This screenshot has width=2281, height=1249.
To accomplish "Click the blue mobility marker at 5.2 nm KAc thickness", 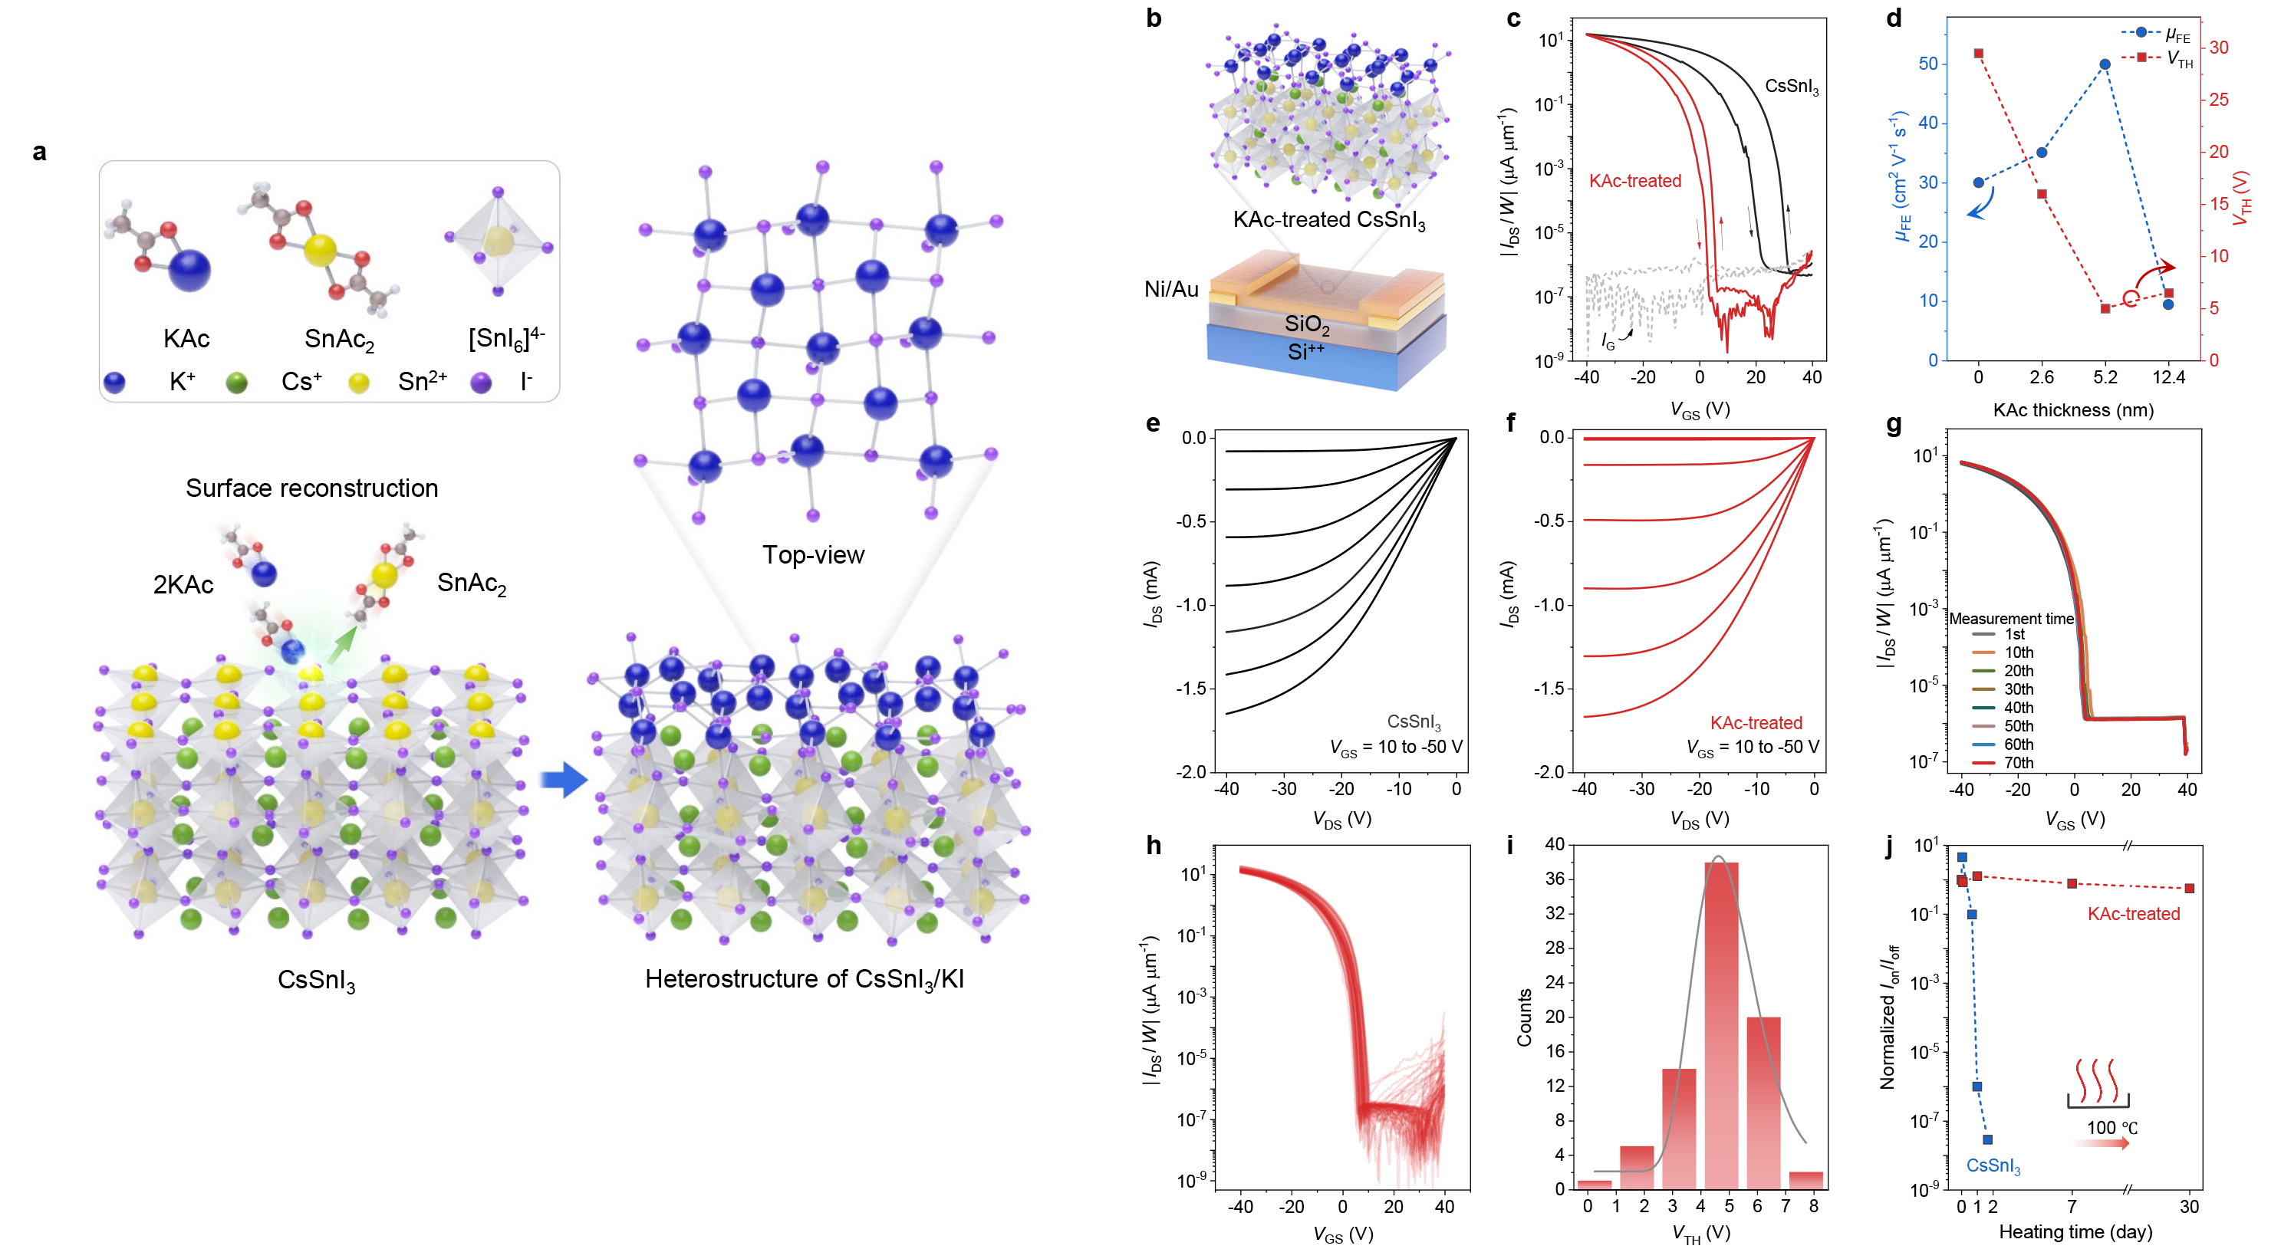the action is [x=2105, y=64].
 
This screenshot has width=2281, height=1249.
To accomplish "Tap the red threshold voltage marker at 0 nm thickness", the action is [x=1978, y=54].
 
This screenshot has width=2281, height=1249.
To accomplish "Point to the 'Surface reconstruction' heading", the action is [x=311, y=488].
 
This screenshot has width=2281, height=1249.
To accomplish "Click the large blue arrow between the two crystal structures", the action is [x=564, y=781].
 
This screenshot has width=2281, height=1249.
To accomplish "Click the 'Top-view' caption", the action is [x=813, y=555].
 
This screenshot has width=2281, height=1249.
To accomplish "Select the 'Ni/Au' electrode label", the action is [x=1170, y=290].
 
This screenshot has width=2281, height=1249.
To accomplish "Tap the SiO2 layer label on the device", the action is [x=1307, y=325].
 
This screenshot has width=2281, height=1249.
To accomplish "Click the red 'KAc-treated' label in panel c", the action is [x=1634, y=181].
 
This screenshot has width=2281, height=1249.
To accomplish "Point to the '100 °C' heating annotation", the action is [x=2111, y=1128].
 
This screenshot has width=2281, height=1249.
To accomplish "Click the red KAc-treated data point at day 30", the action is [x=2189, y=888].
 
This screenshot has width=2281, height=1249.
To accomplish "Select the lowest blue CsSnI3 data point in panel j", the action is [x=1987, y=1139].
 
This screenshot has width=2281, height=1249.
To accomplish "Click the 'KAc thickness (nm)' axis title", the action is [x=2073, y=410].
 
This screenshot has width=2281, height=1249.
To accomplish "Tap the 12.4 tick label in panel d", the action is [x=2168, y=377].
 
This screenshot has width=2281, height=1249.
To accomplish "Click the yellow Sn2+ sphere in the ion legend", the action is [x=359, y=383].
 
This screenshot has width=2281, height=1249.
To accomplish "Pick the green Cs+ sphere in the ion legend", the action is [x=236, y=383].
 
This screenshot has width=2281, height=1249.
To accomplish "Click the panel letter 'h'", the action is [x=1154, y=846].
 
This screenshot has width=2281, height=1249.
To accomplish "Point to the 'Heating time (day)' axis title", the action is [x=2075, y=1231].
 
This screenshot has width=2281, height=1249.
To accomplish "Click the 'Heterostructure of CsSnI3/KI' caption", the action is [x=804, y=979].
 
